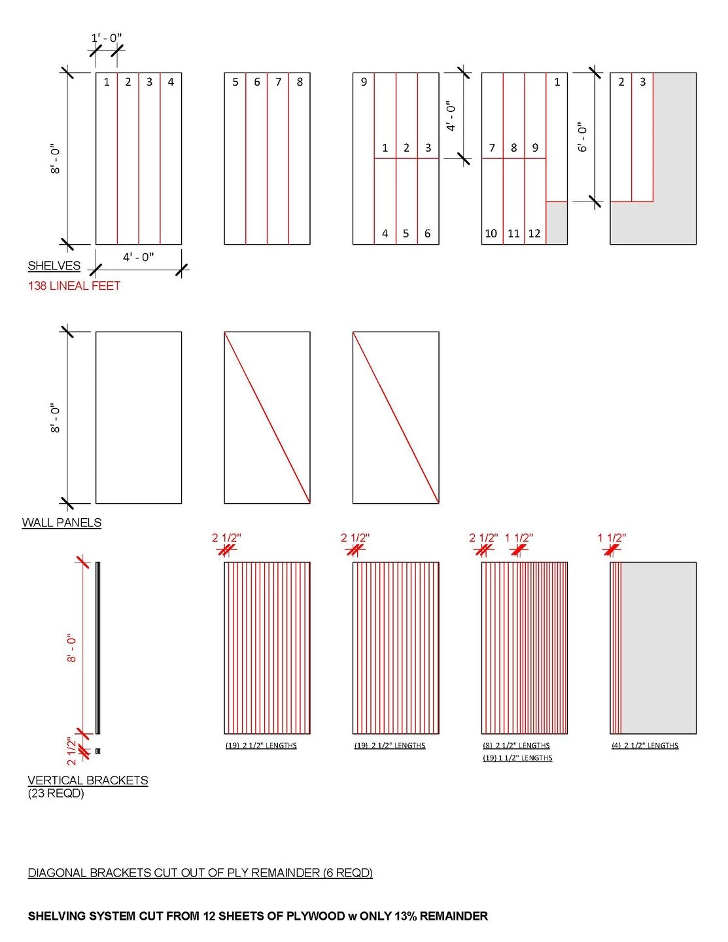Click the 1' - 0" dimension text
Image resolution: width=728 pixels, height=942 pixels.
[x=106, y=38]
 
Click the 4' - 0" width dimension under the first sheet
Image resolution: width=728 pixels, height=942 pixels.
[x=138, y=257]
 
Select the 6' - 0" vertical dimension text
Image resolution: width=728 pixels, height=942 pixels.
[x=582, y=137]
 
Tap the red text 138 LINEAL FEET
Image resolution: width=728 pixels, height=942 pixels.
[x=74, y=286]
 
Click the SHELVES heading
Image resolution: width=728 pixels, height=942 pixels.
[x=54, y=266]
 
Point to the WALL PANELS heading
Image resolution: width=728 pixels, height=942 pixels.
[x=61, y=523]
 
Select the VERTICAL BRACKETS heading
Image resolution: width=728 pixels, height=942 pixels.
[x=88, y=780]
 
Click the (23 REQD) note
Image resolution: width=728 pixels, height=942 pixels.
[x=56, y=794]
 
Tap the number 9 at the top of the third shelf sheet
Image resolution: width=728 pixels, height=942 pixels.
[x=364, y=82]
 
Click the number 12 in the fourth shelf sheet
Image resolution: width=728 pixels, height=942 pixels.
[x=534, y=234]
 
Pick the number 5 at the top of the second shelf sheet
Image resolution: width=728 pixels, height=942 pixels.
[x=235, y=82]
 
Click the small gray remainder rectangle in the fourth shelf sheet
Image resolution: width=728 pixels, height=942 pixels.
[x=557, y=223]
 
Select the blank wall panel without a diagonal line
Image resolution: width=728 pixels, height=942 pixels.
[x=139, y=417]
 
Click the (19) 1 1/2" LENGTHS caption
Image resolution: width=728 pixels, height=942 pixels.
[x=517, y=758]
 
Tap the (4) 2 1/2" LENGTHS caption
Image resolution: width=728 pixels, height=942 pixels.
[x=645, y=745]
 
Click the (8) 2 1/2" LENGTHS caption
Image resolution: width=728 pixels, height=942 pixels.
[x=516, y=745]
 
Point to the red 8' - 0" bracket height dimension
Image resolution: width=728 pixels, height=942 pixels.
[x=71, y=648]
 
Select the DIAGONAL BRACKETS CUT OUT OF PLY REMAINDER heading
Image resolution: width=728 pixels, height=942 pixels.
[x=200, y=873]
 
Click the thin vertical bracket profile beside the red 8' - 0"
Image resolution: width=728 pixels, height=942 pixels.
[x=97, y=648]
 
